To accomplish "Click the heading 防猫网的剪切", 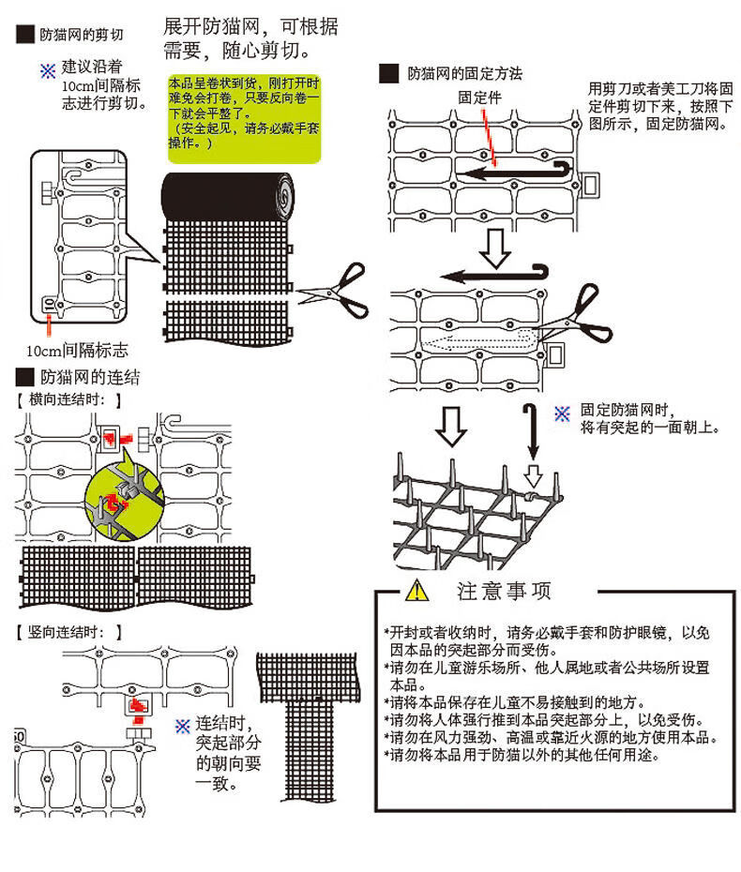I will click(x=82, y=36).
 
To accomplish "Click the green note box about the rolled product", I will click(x=244, y=115).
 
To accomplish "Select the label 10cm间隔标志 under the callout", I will click(x=77, y=352).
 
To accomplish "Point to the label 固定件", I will click(x=477, y=97).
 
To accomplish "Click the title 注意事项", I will click(x=504, y=591).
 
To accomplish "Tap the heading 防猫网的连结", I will click(x=89, y=378).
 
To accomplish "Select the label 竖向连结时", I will click(x=70, y=632).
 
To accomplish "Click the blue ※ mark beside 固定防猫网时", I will click(x=562, y=413).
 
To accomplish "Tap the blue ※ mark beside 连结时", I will click(x=183, y=726).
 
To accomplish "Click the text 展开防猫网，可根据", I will click(x=251, y=27).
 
